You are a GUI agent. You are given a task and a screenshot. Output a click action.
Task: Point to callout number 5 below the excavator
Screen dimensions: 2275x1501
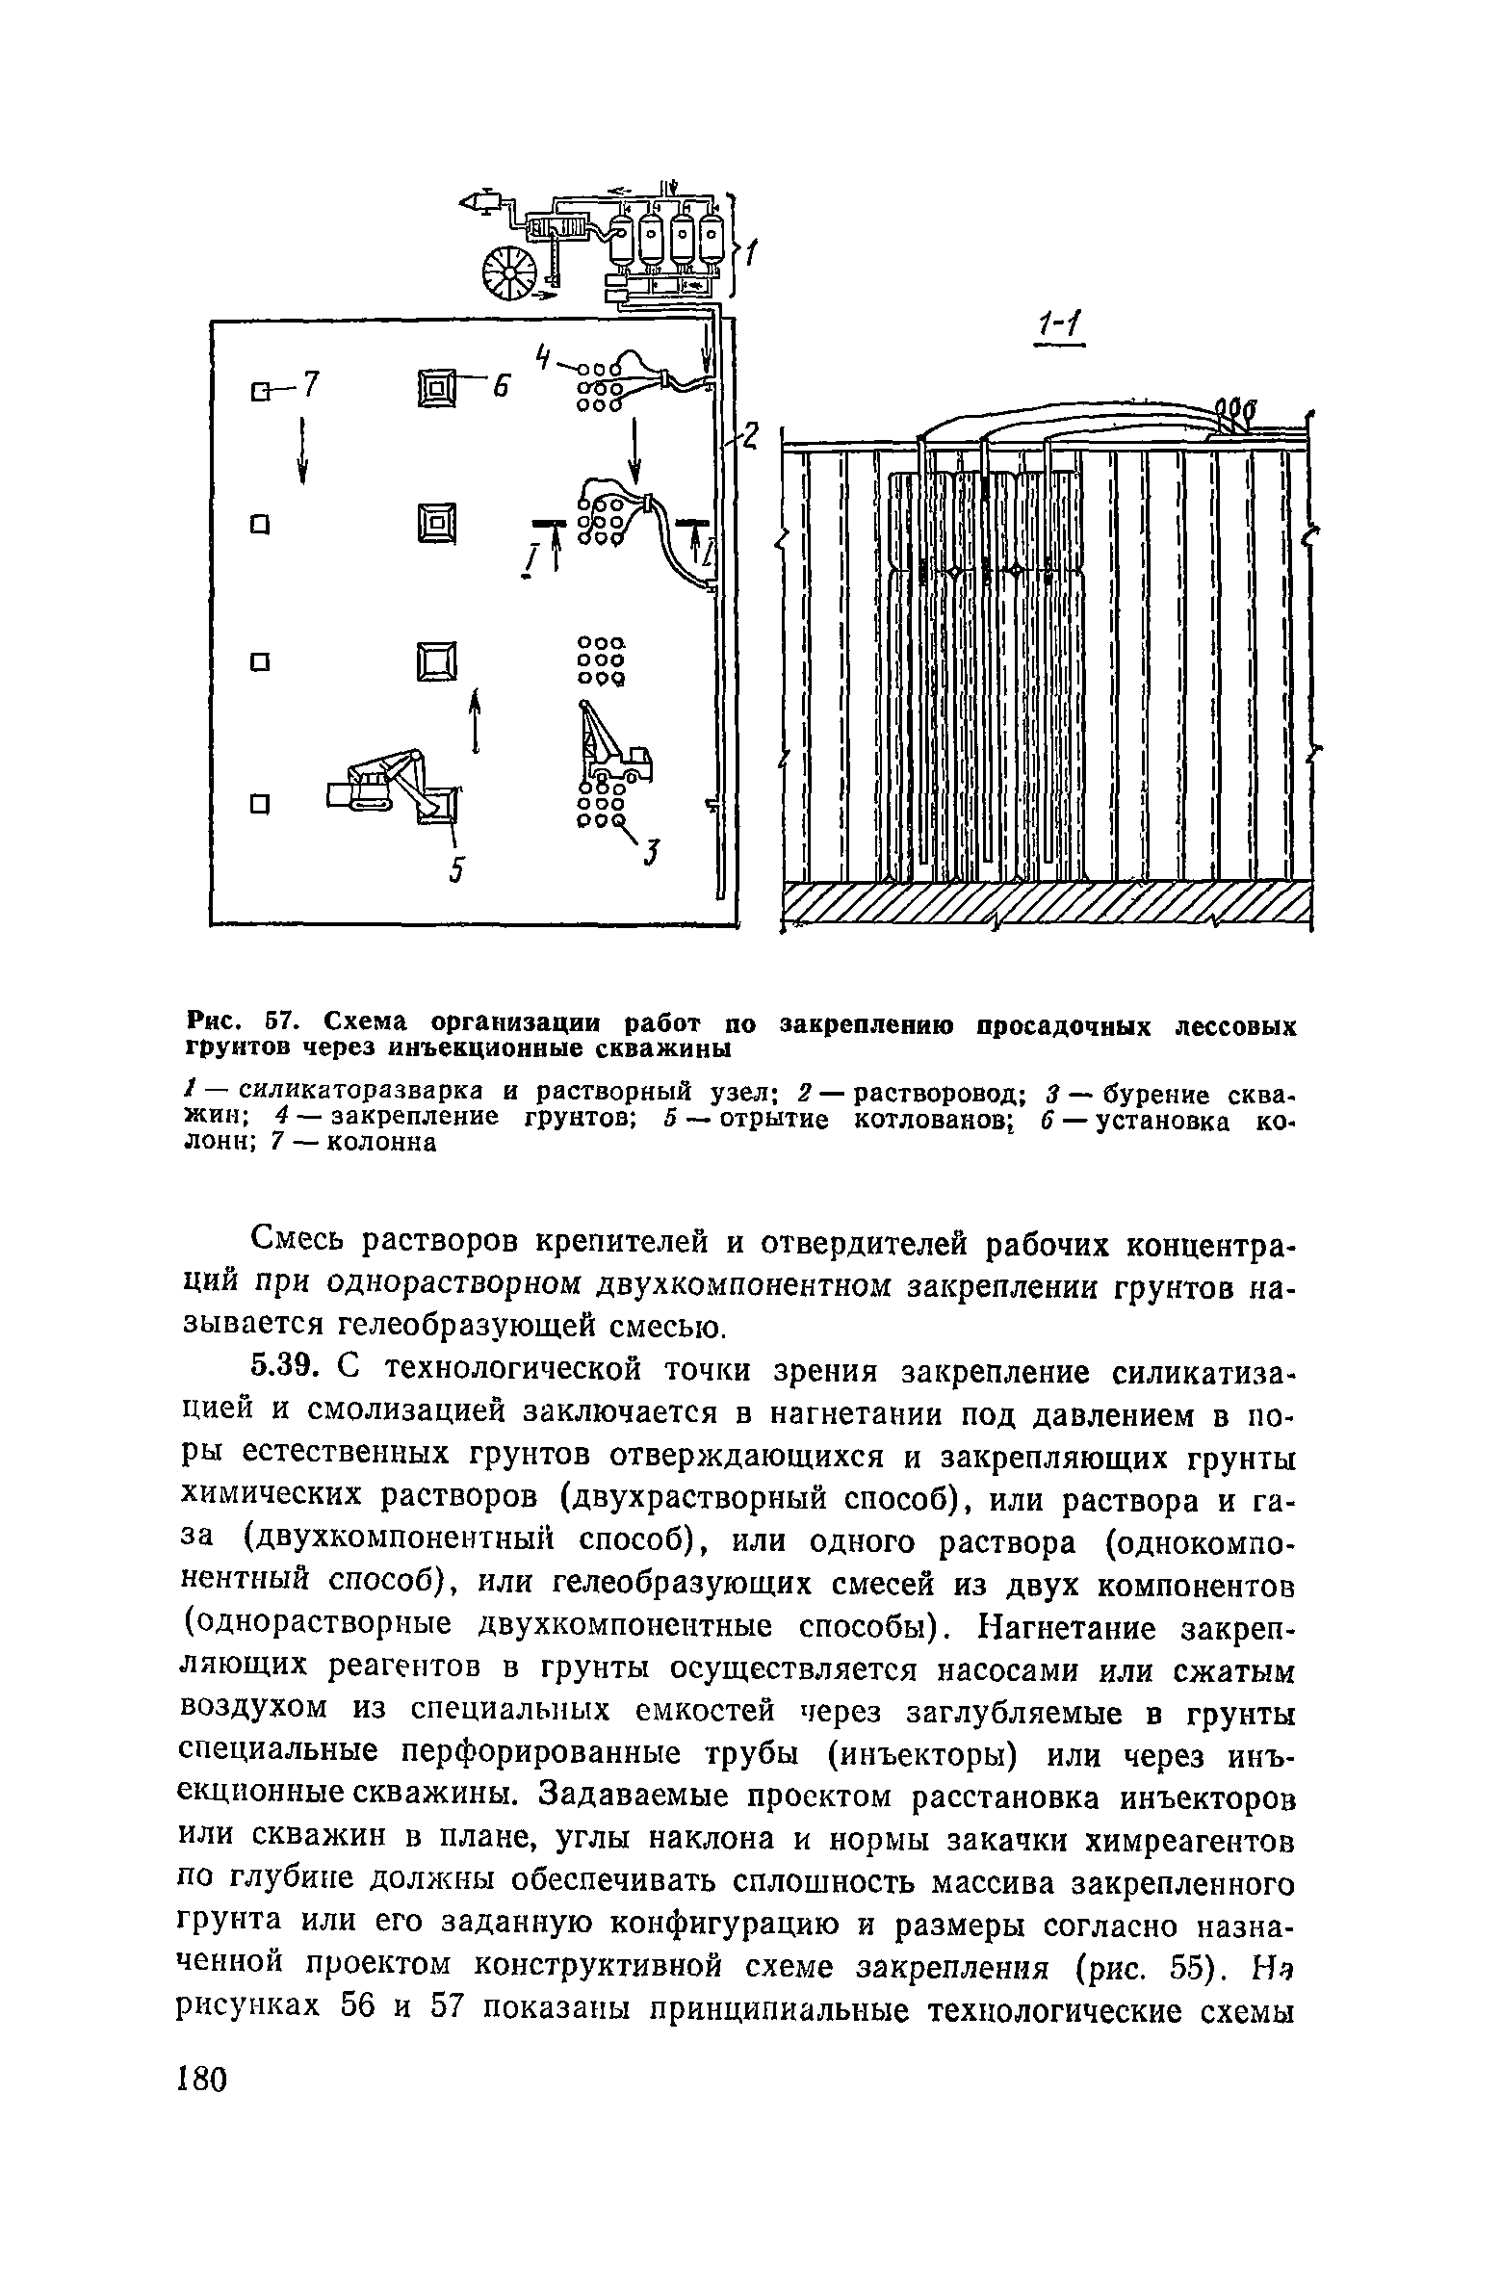coord(457,869)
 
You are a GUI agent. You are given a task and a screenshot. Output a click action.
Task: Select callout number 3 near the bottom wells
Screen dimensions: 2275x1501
coord(654,851)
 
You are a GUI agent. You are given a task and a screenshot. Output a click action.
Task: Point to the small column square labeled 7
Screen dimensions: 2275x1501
coord(258,391)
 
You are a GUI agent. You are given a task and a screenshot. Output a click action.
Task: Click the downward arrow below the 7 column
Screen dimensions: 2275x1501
coord(303,450)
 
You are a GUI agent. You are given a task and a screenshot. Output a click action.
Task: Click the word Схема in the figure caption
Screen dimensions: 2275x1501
coord(368,1020)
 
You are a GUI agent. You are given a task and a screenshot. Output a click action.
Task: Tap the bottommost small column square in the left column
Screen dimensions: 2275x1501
coord(257,803)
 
